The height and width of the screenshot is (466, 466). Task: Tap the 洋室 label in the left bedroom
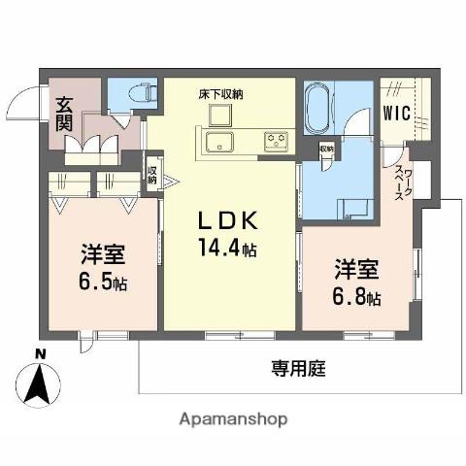[x=103, y=255]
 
